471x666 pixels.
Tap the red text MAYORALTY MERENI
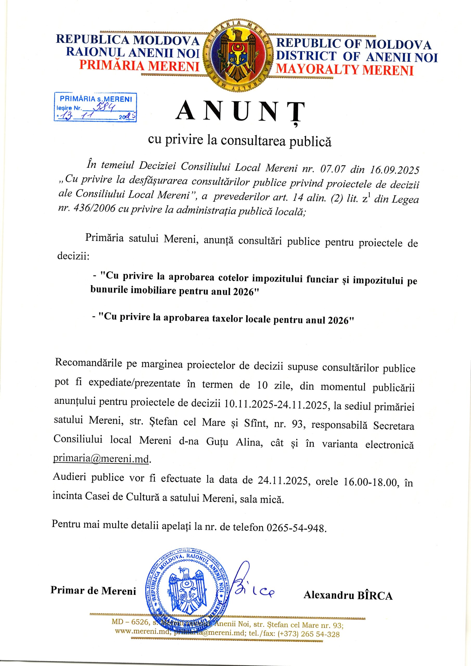345,70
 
